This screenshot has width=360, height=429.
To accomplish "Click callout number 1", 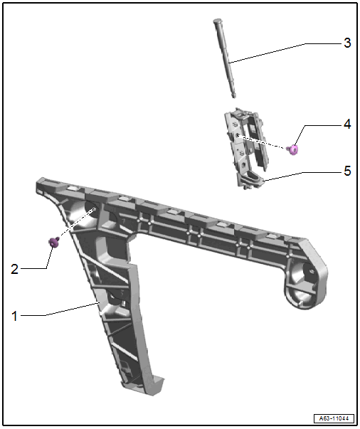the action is (x=14, y=316).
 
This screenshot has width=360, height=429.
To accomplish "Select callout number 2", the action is (x=14, y=269).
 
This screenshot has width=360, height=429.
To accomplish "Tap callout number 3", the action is (x=347, y=43).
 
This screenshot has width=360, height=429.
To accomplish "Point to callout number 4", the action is (x=347, y=125).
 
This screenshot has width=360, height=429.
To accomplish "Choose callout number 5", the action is (x=347, y=171).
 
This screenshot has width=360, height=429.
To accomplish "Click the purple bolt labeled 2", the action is (x=54, y=242).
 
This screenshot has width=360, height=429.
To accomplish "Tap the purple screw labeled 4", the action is (x=292, y=149).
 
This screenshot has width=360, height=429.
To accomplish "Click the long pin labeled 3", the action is (x=225, y=58).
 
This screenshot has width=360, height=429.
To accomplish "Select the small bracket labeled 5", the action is (x=245, y=148).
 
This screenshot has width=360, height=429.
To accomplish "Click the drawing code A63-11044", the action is (x=334, y=418).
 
